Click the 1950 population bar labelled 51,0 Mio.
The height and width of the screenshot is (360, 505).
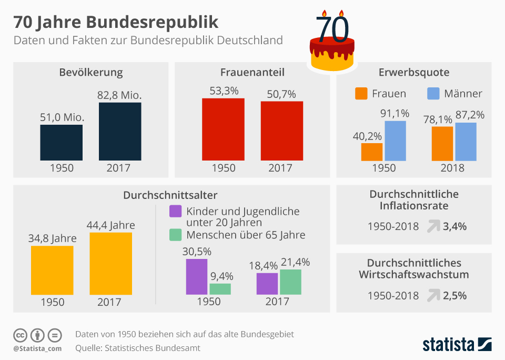coord(61,142)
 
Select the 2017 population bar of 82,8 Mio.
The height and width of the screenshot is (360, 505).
coord(120,131)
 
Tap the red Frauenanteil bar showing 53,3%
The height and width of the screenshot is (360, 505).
coord(223,129)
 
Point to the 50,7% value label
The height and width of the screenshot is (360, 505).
coord(281,94)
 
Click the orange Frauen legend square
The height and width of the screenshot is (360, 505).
coord(361,94)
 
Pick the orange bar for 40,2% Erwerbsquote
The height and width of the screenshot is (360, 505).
coord(372,152)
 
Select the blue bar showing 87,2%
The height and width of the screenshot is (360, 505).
coord(466,142)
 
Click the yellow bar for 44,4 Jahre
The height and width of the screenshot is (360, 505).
coord(110,263)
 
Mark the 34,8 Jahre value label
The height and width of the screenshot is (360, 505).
coord(52,238)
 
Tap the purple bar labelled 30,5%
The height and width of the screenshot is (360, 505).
coord(197,276)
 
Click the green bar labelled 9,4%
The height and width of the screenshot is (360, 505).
coord(220,289)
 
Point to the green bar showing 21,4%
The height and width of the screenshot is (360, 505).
coord(290,282)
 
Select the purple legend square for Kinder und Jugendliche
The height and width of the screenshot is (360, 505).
coord(175,212)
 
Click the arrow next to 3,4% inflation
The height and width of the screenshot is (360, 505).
coord(433,227)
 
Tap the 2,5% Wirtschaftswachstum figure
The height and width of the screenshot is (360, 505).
coord(455,295)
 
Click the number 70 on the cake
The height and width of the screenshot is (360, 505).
coord(332,30)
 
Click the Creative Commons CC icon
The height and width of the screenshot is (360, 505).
coord(21,335)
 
